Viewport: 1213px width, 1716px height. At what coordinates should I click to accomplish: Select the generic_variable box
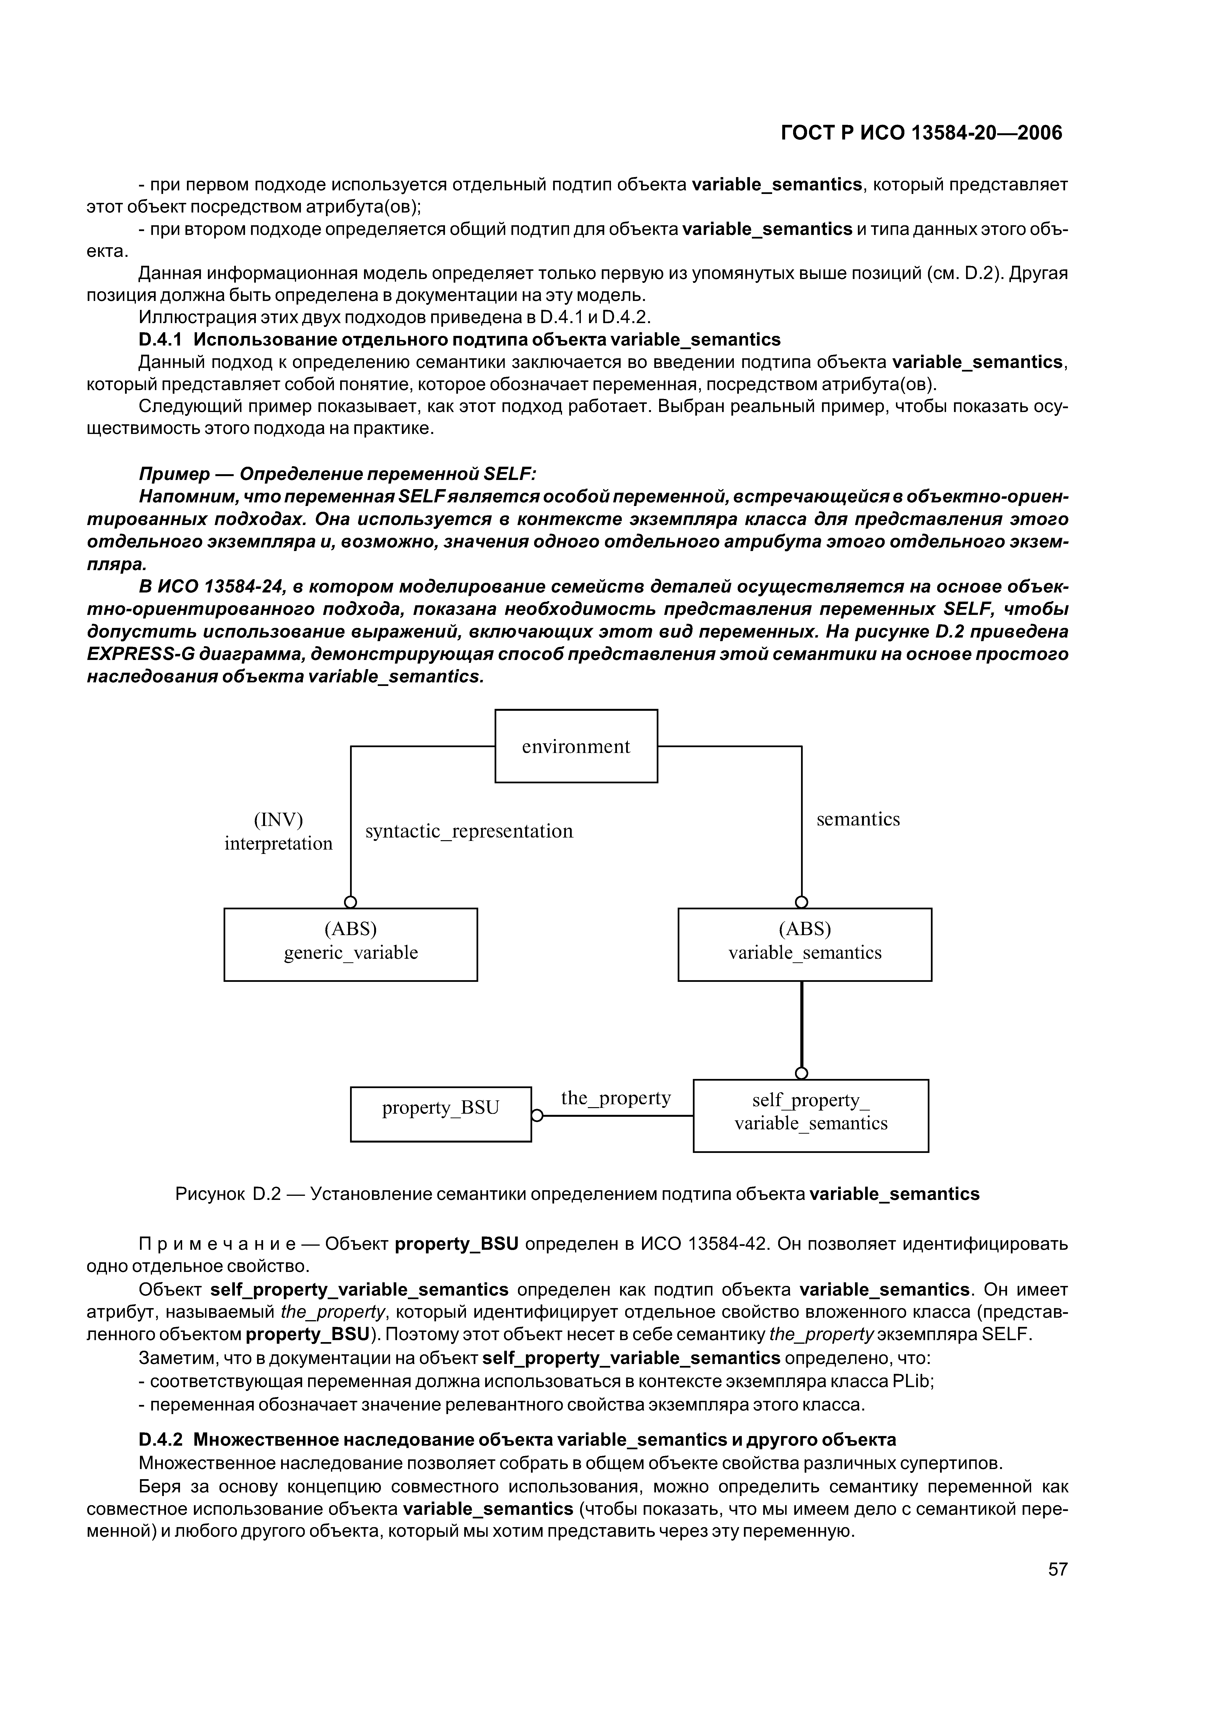(351, 944)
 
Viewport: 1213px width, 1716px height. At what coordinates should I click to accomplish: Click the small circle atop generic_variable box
(351, 902)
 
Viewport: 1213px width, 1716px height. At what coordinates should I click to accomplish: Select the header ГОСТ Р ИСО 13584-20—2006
(921, 133)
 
